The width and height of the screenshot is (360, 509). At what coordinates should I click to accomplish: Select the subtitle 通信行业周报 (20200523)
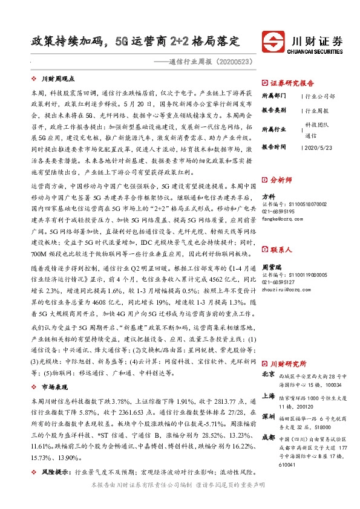[208, 61]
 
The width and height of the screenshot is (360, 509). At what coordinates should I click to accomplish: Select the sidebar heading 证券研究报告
[291, 83]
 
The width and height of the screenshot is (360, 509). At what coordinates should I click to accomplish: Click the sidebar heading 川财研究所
[288, 363]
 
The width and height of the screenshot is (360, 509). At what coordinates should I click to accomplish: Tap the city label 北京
[268, 375]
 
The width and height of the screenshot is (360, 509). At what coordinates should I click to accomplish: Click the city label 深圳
[268, 417]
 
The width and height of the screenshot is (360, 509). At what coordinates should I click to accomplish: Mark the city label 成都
[268, 437]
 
